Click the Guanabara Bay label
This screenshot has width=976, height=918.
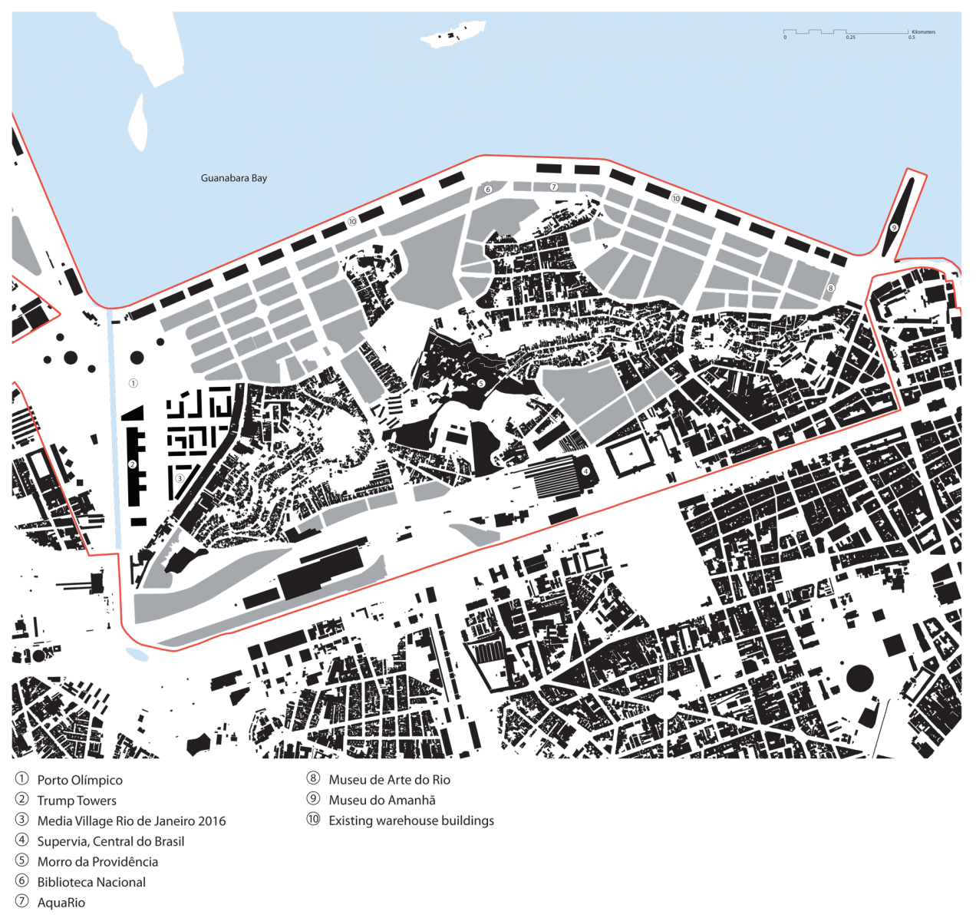pyautogui.click(x=234, y=178)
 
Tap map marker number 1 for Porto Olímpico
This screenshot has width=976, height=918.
pyautogui.click(x=133, y=383)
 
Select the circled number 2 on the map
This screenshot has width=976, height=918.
pyautogui.click(x=132, y=464)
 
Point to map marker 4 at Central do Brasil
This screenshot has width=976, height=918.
pyautogui.click(x=585, y=471)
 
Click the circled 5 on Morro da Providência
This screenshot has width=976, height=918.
pyautogui.click(x=481, y=383)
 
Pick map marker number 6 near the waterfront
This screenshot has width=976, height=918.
pyautogui.click(x=488, y=190)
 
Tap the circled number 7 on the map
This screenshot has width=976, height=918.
pyautogui.click(x=554, y=187)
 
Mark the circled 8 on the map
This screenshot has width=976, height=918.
pyautogui.click(x=830, y=289)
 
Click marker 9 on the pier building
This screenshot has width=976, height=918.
pyautogui.click(x=894, y=227)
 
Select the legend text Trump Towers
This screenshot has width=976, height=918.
pyautogui.click(x=77, y=801)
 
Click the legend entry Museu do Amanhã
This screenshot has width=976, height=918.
pyautogui.click(x=382, y=800)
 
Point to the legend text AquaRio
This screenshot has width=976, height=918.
pyautogui.click(x=61, y=903)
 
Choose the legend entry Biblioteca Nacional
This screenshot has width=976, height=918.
pyautogui.click(x=91, y=882)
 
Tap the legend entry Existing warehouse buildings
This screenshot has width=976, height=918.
pyautogui.click(x=411, y=821)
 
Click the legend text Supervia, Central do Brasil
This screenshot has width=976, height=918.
pyautogui.click(x=110, y=841)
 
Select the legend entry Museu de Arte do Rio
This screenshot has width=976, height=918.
pyautogui.click(x=389, y=780)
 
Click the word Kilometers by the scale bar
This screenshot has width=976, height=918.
pyautogui.click(x=923, y=32)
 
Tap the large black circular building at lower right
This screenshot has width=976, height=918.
pyautogui.click(x=859, y=679)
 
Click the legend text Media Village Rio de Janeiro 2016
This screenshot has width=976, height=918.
pyautogui.click(x=131, y=821)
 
